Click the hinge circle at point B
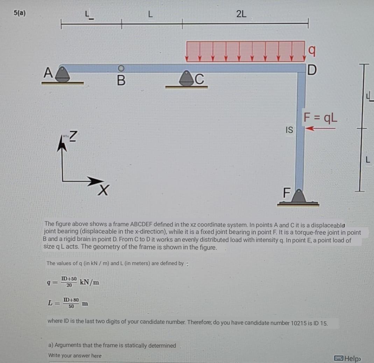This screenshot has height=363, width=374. click(121, 69)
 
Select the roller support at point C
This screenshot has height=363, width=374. click(186, 78)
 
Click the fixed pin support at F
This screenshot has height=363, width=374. click(298, 197)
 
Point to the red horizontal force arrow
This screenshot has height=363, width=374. click(320, 128)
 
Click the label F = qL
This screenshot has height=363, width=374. click(320, 118)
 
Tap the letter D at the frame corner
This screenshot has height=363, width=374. click(312, 70)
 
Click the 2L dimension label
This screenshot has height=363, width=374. click(241, 14)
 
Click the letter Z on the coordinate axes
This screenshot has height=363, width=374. click(73, 136)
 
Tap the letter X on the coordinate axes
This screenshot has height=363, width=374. click(104, 190)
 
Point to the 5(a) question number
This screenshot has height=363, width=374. click(20, 13)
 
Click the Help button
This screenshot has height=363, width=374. click(347, 358)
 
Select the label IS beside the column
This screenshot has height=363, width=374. click(289, 130)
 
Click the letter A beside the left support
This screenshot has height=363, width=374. click(48, 72)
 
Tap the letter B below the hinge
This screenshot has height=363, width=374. click(121, 80)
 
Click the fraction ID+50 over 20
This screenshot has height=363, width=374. click(69, 282)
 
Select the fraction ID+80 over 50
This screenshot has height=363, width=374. click(71, 303)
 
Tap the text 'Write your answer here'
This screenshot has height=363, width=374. click(75, 355)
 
